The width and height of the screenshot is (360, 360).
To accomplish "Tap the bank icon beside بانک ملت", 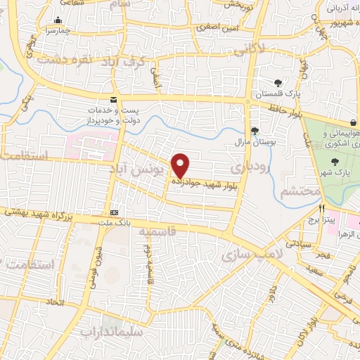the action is pyautogui.click(x=114, y=212).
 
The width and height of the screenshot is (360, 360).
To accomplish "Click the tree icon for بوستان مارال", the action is pyautogui.click(x=255, y=130).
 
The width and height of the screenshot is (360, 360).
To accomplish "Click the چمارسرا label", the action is pyautogui.click(x=56, y=32).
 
